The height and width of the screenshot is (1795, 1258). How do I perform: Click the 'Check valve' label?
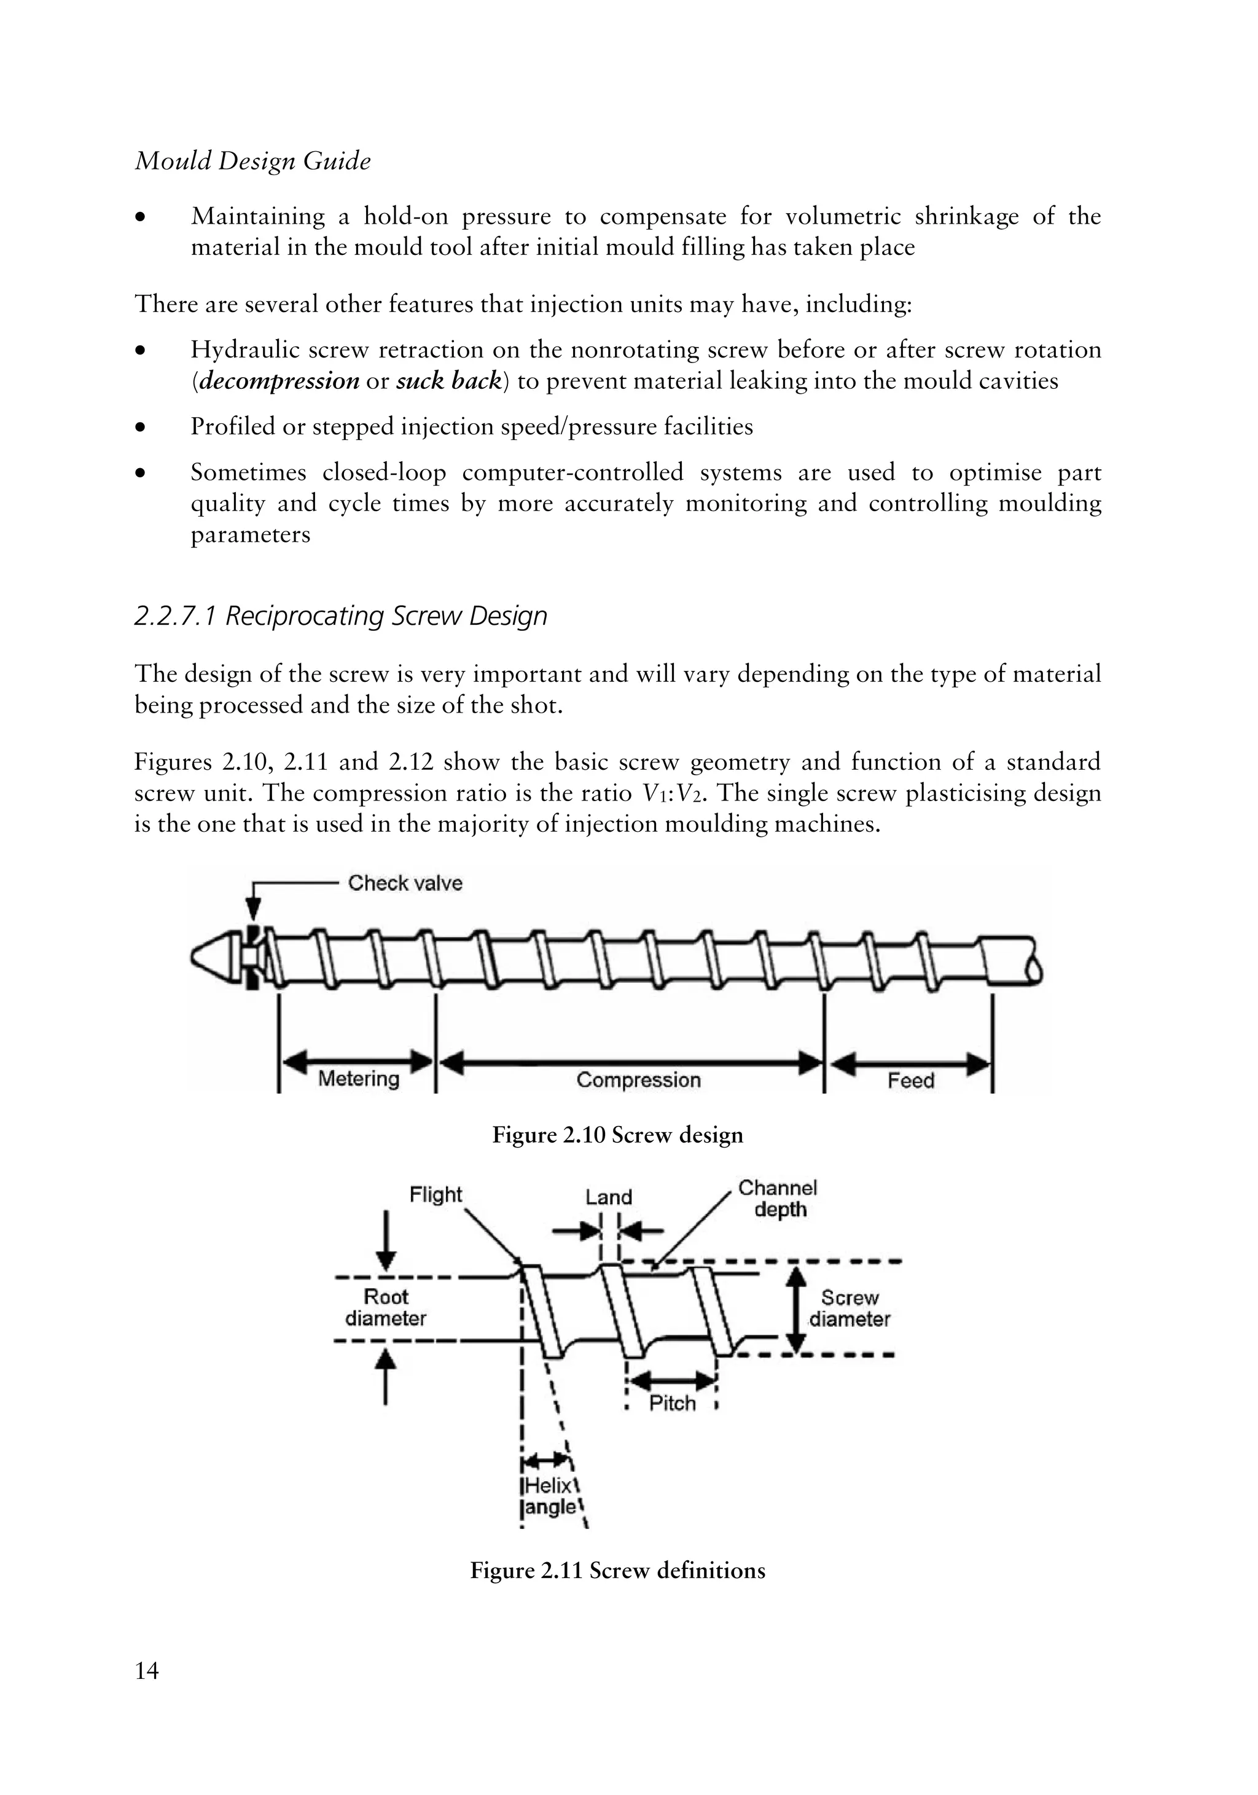pyautogui.click(x=404, y=883)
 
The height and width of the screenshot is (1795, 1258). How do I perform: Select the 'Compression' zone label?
pyautogui.click(x=638, y=1080)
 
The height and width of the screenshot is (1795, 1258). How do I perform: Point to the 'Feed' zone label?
pyautogui.click(x=910, y=1081)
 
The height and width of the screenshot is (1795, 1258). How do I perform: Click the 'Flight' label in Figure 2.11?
pyautogui.click(x=436, y=1195)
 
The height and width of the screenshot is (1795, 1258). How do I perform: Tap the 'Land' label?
pyautogui.click(x=608, y=1197)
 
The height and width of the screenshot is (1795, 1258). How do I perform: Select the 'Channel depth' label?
pyautogui.click(x=778, y=1199)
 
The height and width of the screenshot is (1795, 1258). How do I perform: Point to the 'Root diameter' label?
pyautogui.click(x=386, y=1307)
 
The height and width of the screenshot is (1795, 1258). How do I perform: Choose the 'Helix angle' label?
pyautogui.click(x=550, y=1496)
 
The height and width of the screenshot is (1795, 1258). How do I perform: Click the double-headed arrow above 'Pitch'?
pyautogui.click(x=673, y=1379)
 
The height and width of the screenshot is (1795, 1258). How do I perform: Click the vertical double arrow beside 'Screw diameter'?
pyautogui.click(x=795, y=1310)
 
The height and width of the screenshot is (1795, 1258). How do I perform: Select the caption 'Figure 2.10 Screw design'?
pyautogui.click(x=617, y=1135)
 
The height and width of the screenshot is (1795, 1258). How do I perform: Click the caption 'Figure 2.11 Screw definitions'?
pyautogui.click(x=617, y=1571)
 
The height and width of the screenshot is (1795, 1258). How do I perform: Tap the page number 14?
pyautogui.click(x=146, y=1671)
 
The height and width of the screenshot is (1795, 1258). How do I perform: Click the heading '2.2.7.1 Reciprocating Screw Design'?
pyautogui.click(x=341, y=616)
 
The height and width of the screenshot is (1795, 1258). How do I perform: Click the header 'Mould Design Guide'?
pyautogui.click(x=252, y=161)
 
